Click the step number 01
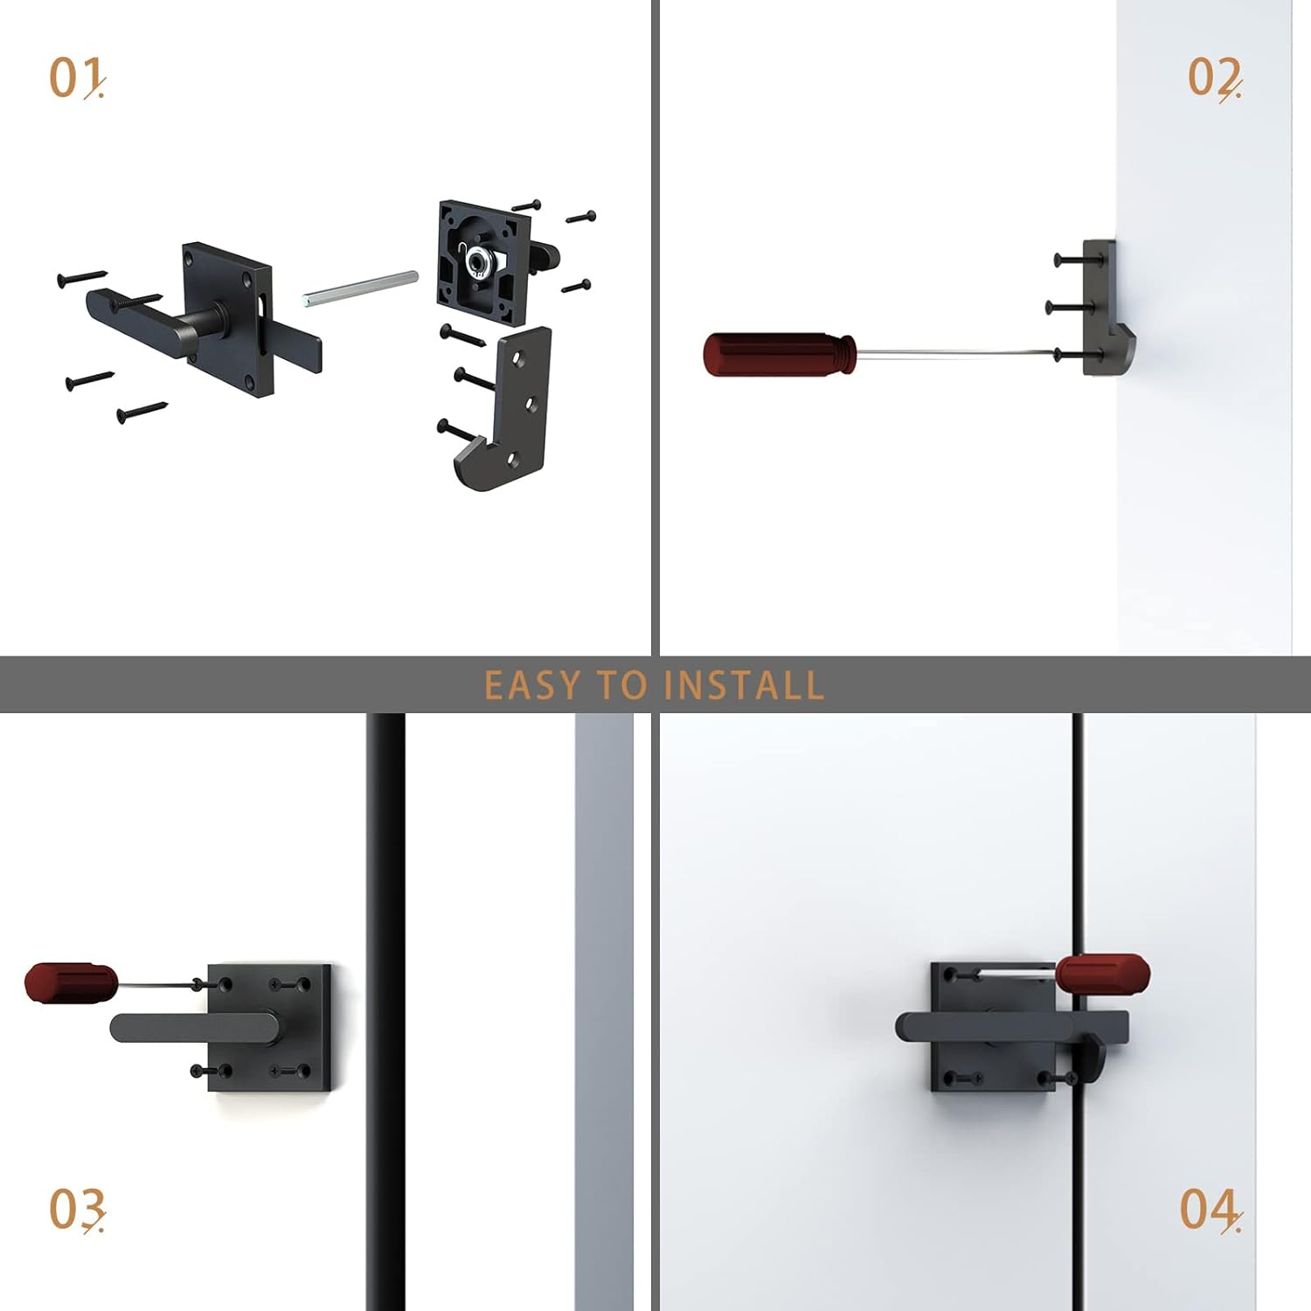coord(76,78)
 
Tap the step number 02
coord(1214,78)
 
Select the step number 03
coord(76,1210)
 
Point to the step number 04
coord(1210,1210)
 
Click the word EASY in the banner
coord(531,685)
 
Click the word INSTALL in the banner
coord(744,685)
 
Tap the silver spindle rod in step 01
coord(360,288)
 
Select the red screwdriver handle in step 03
coord(71,982)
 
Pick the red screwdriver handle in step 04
coord(1103,974)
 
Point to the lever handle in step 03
coord(192,1027)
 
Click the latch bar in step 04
coord(1014,1026)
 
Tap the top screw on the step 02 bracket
coord(1071,260)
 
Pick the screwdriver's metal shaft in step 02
coord(953,352)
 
